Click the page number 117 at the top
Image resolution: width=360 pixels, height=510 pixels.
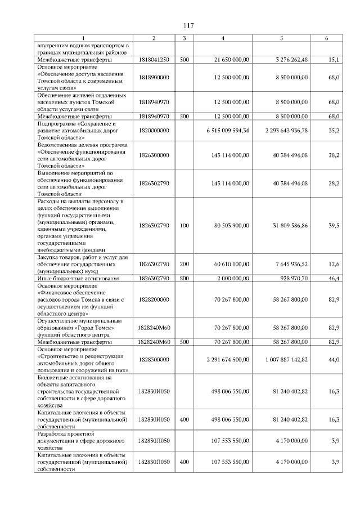(x=188, y=26)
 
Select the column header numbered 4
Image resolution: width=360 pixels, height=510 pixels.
(x=223, y=38)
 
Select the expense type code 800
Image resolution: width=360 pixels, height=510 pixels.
(x=183, y=279)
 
